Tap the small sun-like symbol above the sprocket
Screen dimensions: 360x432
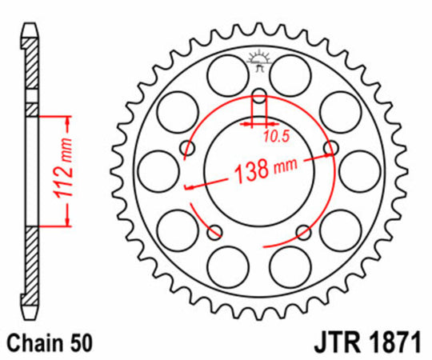[x=258, y=58]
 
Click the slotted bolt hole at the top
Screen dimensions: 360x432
[x=258, y=105]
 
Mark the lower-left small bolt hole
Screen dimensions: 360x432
[x=214, y=232]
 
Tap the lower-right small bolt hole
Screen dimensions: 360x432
[x=303, y=232]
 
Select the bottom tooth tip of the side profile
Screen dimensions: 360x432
[x=30, y=313]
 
